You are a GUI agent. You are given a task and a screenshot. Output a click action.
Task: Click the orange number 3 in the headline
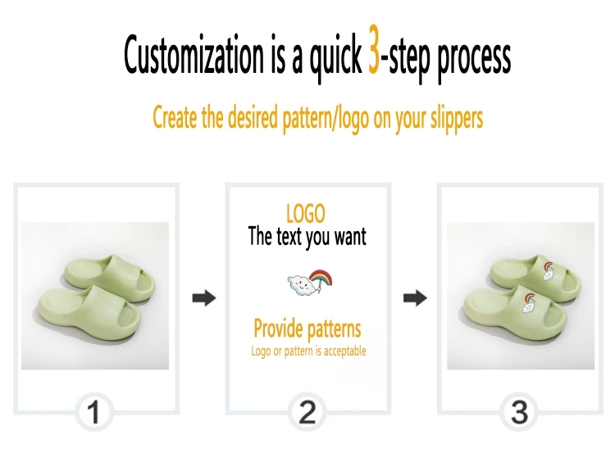coord(374,49)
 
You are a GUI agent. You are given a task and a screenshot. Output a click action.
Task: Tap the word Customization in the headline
coord(194,55)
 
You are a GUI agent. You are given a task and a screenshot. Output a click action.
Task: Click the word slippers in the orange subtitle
coord(457,118)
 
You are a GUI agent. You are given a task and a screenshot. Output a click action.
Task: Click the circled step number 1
coord(93,412)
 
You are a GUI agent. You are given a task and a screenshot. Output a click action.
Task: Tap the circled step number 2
coord(307,412)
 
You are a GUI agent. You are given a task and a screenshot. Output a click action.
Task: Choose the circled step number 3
coord(519,412)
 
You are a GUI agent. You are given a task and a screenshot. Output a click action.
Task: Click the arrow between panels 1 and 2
coord(204,298)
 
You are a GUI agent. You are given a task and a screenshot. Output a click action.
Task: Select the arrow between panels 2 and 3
coord(415,298)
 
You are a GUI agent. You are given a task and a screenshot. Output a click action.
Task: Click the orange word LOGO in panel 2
coord(306,214)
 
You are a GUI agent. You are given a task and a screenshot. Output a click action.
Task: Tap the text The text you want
coord(307,236)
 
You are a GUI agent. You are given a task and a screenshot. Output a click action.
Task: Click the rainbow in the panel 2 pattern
coord(321,277)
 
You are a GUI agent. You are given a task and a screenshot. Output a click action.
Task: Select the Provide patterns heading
coord(307,329)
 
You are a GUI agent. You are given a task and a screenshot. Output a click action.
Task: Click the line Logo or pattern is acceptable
coord(308,351)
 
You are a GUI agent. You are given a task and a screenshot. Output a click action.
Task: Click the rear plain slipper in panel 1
coord(110,279)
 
